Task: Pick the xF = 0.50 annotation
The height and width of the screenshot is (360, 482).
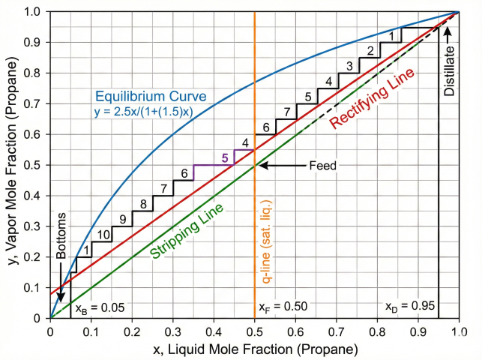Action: [283, 307]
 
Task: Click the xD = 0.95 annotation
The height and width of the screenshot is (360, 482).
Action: [409, 307]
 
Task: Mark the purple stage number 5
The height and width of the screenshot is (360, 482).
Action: [224, 157]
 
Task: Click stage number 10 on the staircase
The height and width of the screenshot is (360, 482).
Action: [103, 235]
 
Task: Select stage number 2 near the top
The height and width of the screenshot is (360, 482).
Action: [370, 50]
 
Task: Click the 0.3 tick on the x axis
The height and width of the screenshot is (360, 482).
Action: [172, 331]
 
